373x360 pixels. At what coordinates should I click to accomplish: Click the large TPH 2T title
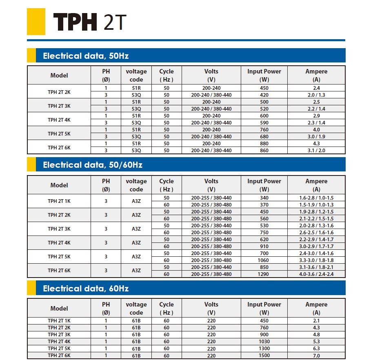click(x=87, y=22)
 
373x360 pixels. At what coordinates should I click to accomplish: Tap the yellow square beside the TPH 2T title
click(x=36, y=22)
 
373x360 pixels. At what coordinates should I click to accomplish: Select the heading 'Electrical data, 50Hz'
click(x=86, y=56)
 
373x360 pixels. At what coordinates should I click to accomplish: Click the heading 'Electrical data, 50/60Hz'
click(x=93, y=165)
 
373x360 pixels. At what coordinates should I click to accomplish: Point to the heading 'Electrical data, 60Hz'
click(x=86, y=289)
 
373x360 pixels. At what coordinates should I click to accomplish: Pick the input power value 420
click(x=264, y=95)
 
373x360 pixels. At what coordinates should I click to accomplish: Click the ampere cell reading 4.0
click(x=316, y=130)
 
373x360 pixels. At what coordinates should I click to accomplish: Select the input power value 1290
click(x=264, y=274)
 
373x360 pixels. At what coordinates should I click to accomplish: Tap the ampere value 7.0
click(x=316, y=356)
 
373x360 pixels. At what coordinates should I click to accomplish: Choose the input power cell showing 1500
click(x=264, y=356)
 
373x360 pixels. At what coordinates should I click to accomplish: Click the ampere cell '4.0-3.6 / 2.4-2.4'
click(x=316, y=274)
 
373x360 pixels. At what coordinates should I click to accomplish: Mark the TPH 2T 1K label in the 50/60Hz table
click(x=59, y=201)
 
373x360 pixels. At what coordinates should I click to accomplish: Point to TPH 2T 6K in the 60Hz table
click(x=59, y=356)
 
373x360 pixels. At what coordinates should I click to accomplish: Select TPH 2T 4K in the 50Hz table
click(x=59, y=120)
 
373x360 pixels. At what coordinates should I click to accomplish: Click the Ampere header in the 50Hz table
click(x=316, y=75)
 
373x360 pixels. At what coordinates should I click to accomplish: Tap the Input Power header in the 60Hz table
click(x=264, y=308)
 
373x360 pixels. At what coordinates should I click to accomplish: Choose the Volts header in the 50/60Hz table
click(x=211, y=185)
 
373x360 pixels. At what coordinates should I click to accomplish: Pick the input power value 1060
click(x=264, y=260)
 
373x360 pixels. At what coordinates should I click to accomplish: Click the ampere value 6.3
click(x=316, y=349)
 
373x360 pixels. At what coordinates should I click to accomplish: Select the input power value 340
click(x=264, y=198)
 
